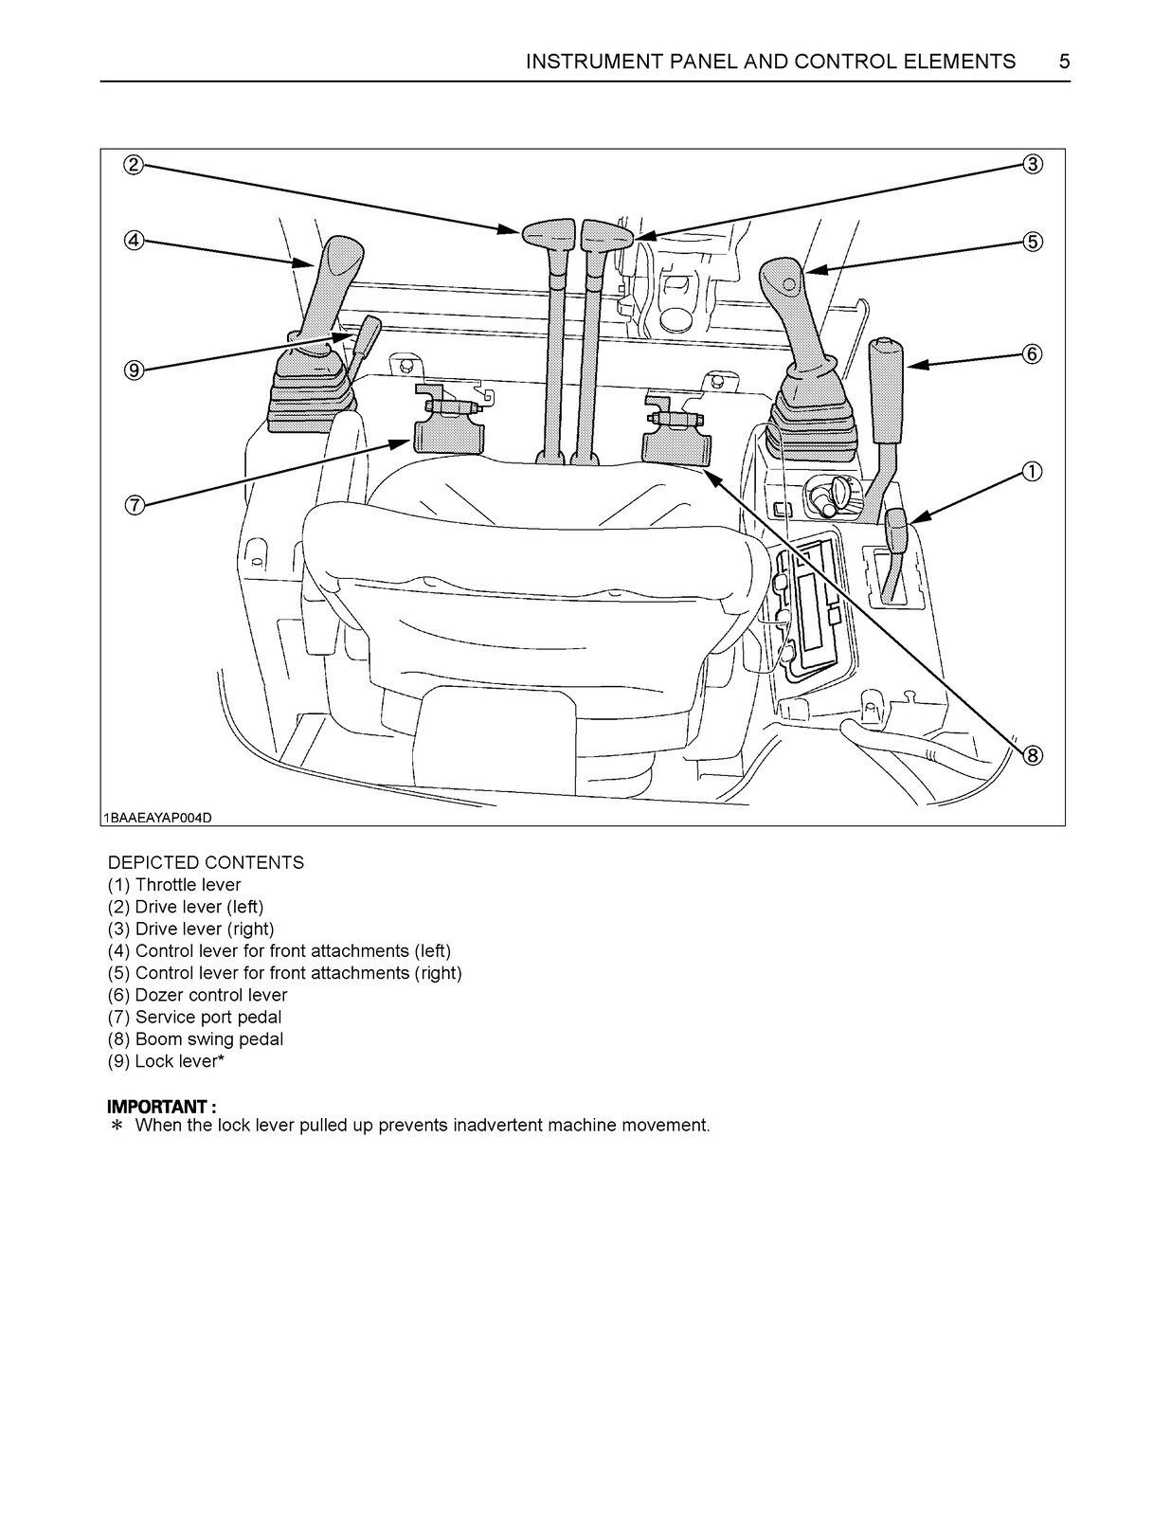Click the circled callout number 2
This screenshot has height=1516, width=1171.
click(x=134, y=165)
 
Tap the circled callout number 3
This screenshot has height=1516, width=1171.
click(x=1033, y=165)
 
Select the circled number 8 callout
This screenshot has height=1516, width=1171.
click(x=1033, y=755)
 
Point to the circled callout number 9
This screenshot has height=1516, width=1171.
click(x=134, y=370)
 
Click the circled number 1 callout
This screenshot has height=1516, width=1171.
click(x=1033, y=471)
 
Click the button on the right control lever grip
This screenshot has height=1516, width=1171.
click(x=788, y=283)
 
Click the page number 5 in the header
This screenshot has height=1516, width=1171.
click(x=1064, y=63)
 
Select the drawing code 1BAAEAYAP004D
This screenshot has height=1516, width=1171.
click(x=157, y=818)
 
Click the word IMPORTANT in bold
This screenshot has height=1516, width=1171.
click(x=156, y=1107)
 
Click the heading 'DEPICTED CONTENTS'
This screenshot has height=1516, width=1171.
click(x=206, y=862)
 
